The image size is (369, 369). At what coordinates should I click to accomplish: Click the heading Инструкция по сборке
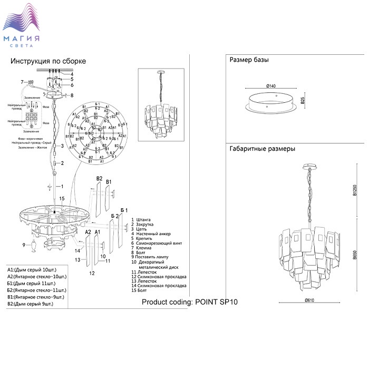click(x=48, y=61)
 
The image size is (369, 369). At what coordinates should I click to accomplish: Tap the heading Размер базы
click(x=249, y=60)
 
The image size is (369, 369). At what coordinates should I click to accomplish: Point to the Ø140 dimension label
click(x=271, y=85)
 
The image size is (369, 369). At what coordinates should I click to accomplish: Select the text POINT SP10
click(x=217, y=302)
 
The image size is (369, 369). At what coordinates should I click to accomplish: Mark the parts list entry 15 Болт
click(x=142, y=290)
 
